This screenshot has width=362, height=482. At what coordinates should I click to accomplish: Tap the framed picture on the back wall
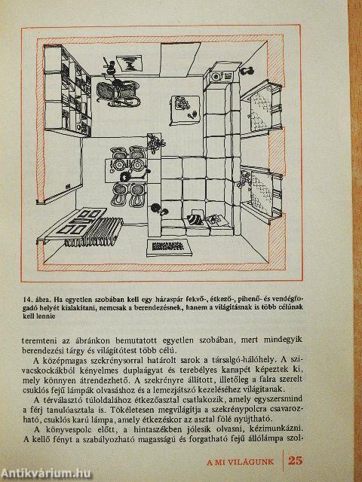[x=129, y=63]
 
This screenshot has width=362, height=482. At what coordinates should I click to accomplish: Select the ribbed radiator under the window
[x=94, y=232]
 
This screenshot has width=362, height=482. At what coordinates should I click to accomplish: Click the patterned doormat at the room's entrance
[x=169, y=247]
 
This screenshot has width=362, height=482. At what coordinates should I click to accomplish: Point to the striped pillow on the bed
[x=195, y=219]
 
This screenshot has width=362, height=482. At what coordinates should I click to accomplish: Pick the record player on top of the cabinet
[x=217, y=75]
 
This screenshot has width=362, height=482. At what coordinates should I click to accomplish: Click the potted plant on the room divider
[x=156, y=142]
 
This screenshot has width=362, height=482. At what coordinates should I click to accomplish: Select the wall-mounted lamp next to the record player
[x=247, y=71]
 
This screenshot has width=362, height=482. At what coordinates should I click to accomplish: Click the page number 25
[x=295, y=461]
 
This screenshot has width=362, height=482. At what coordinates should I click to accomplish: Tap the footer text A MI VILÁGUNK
[x=240, y=462]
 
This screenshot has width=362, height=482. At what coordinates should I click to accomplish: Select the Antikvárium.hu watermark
[x=46, y=474]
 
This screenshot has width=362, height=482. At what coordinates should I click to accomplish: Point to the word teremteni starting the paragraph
[x=41, y=341]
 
